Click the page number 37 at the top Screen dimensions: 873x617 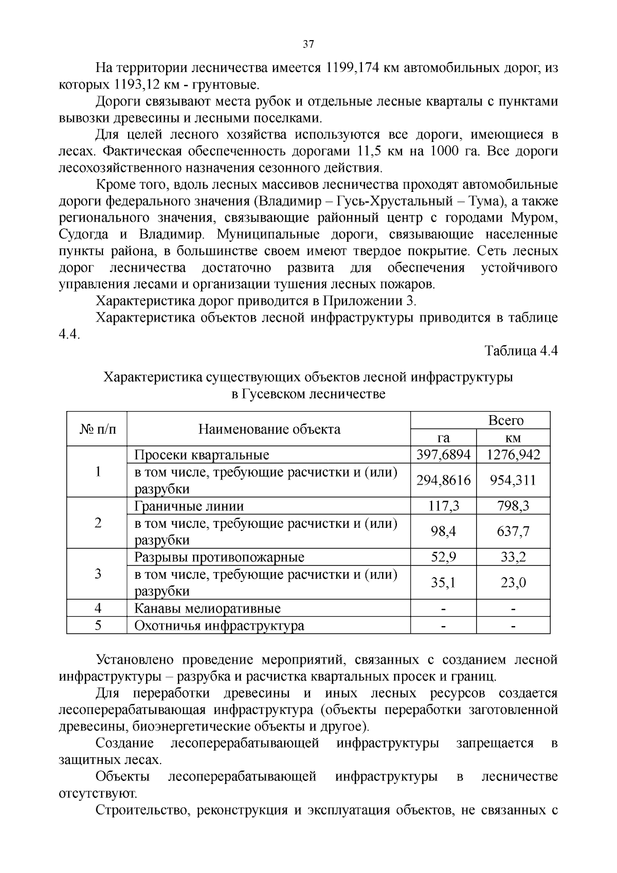308,44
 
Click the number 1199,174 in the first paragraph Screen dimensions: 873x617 349,68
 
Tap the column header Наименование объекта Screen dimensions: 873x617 269,429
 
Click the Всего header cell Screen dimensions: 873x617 505,420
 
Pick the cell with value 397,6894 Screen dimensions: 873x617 443,455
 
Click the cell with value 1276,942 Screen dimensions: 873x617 513,455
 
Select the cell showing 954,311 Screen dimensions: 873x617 513,480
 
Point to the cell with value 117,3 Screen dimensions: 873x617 443,506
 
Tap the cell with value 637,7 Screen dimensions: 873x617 513,531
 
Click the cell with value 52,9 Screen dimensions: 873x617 443,557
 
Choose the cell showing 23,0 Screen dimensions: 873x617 513,582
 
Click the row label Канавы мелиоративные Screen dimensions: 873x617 207,609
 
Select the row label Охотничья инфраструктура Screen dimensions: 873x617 219,626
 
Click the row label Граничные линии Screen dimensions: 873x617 189,506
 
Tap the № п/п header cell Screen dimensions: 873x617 97,429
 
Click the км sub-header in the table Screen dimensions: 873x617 513,438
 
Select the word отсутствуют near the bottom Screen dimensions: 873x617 98,793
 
